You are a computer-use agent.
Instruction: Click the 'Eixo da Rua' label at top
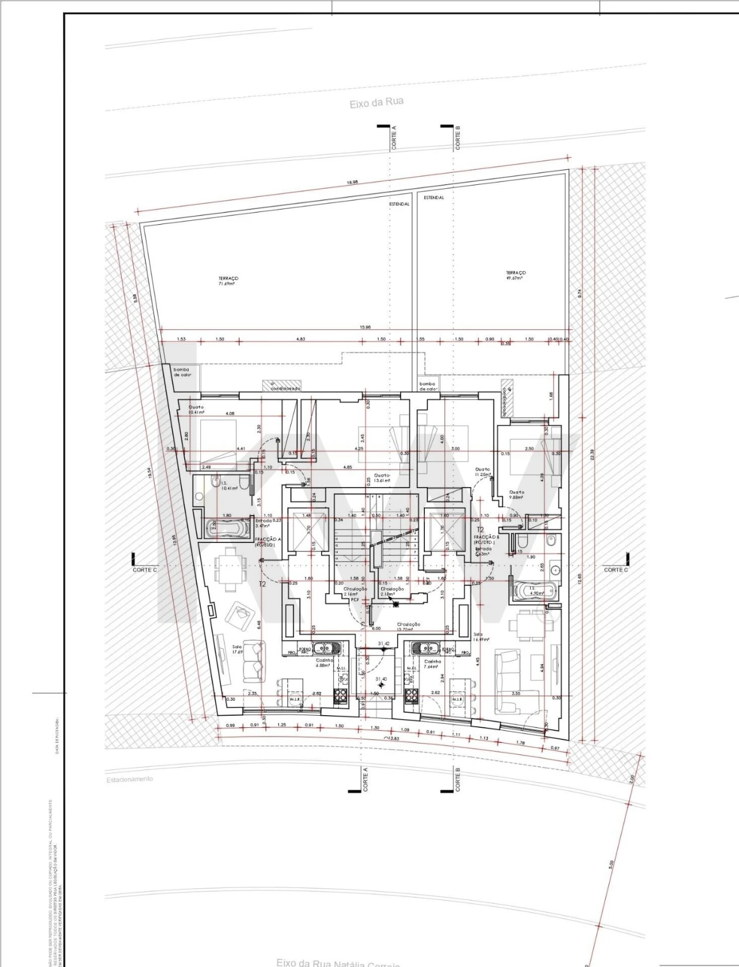(376, 103)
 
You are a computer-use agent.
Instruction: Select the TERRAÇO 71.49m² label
(228, 281)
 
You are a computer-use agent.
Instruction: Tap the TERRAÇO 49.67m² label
(516, 275)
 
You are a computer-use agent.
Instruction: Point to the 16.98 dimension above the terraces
(352, 182)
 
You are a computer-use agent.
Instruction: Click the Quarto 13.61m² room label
(382, 478)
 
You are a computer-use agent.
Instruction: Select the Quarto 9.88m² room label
(516, 494)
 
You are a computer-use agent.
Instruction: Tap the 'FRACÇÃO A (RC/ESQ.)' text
(268, 541)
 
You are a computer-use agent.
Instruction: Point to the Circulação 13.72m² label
(408, 627)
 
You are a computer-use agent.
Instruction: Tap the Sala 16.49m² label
(481, 637)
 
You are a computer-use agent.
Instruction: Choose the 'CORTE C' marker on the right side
(615, 570)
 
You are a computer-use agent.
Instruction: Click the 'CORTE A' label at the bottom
(365, 779)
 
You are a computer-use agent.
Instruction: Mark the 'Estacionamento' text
(130, 779)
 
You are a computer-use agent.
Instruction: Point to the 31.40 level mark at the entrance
(381, 680)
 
